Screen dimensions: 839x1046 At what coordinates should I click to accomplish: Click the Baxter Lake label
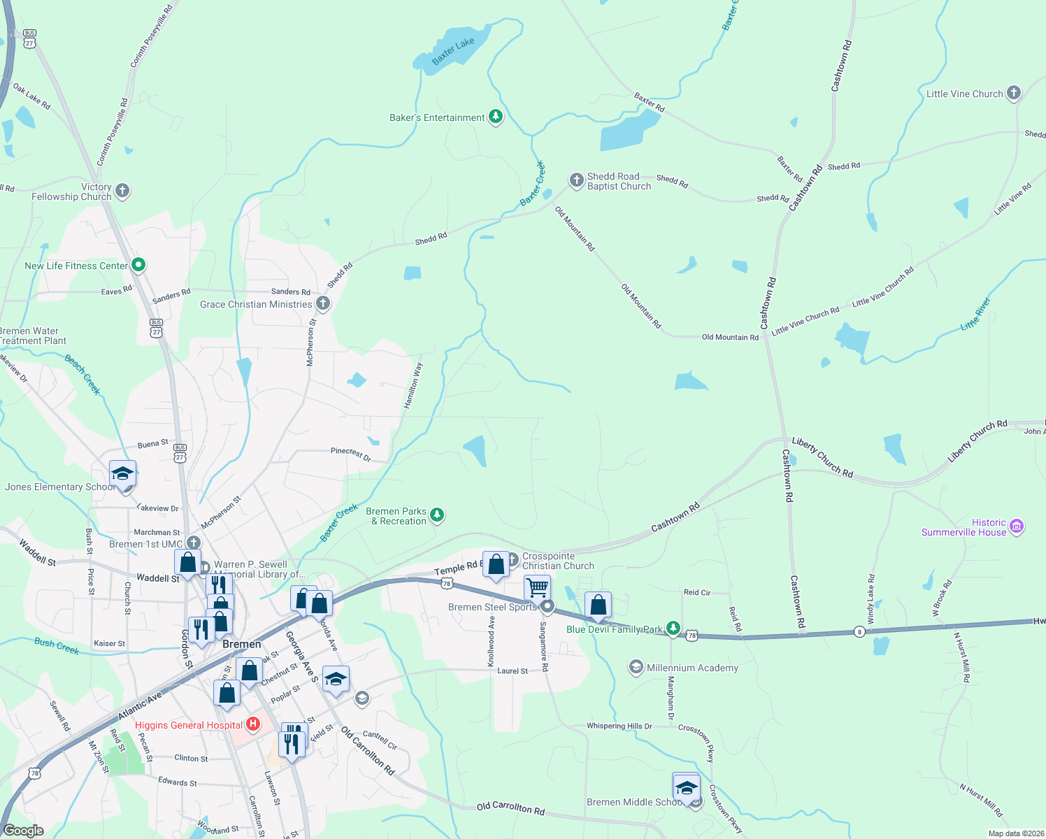(452, 50)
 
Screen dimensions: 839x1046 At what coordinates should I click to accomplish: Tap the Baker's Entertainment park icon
(496, 117)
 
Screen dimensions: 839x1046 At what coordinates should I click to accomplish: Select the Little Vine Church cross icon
(1013, 93)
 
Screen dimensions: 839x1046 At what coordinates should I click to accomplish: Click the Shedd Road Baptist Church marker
(576, 180)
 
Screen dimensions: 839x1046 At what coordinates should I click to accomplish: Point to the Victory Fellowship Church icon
(122, 191)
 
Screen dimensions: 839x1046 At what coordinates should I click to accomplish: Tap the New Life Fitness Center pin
(138, 265)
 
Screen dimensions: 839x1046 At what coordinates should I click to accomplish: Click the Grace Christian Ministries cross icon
(322, 303)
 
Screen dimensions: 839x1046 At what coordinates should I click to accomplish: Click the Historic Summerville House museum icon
(1017, 526)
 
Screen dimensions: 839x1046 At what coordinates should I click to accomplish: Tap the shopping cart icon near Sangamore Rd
(537, 587)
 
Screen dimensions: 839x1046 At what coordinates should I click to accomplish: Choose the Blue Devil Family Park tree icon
(673, 629)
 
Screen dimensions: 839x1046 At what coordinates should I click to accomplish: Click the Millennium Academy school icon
(636, 667)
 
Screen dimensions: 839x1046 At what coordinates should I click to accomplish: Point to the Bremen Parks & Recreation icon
(437, 515)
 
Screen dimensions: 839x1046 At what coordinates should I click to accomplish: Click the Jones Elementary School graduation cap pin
(122, 473)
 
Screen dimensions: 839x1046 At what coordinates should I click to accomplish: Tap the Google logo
(24, 830)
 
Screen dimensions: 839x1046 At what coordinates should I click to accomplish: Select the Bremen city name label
(241, 644)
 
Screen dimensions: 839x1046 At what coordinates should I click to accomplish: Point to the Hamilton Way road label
(413, 385)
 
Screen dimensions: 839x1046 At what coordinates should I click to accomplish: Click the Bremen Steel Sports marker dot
(547, 606)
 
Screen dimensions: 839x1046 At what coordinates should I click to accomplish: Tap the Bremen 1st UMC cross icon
(194, 543)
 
